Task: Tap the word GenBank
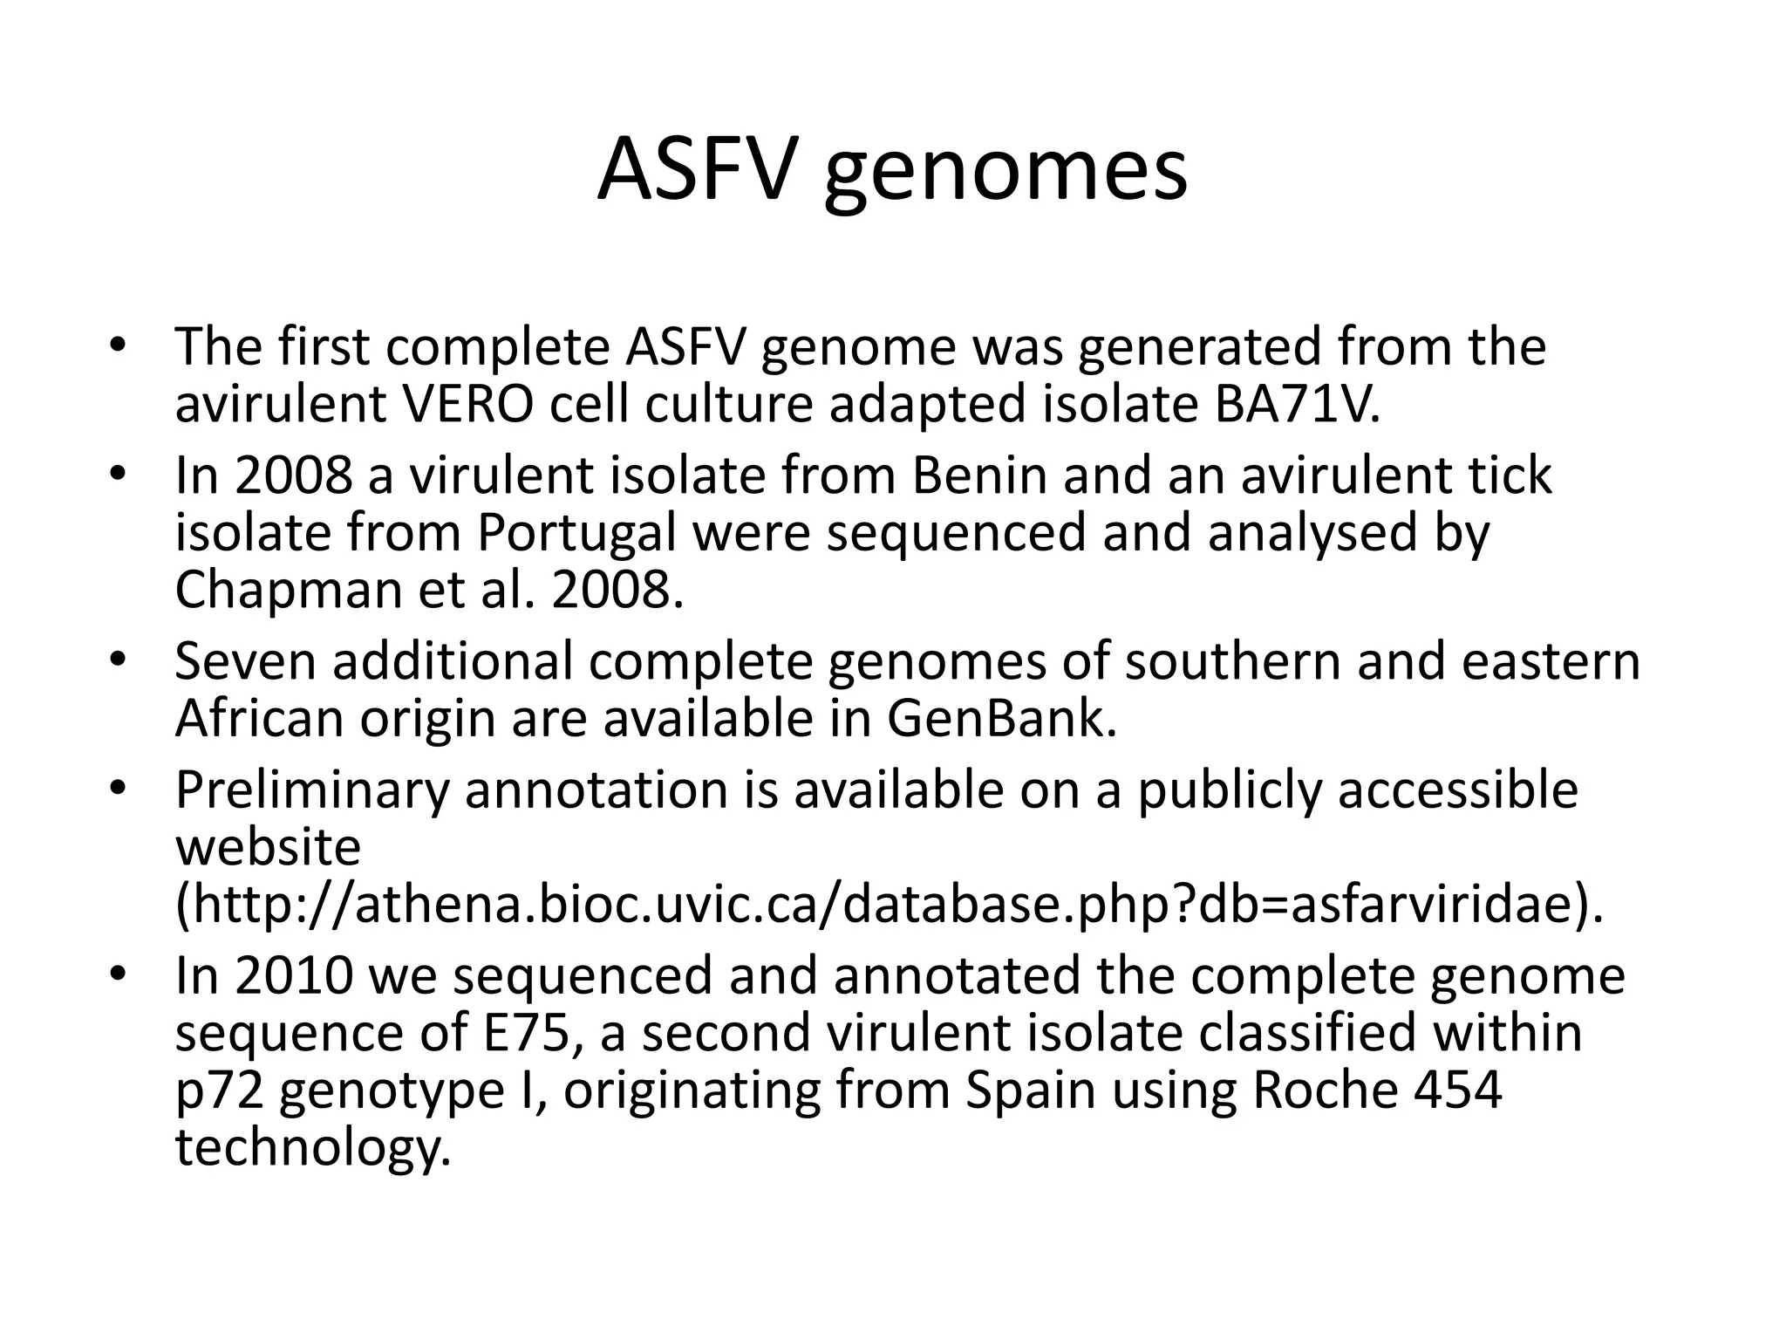(x=1001, y=718)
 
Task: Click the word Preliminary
(x=312, y=790)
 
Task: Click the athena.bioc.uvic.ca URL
(x=890, y=905)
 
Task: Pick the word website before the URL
(x=268, y=847)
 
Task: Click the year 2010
(x=294, y=975)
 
